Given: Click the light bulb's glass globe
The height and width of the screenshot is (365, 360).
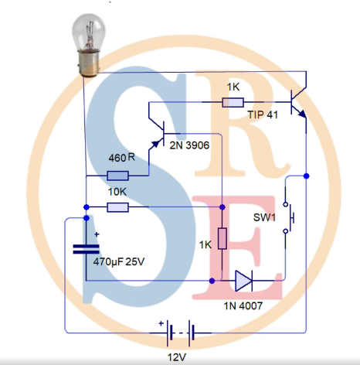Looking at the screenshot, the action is (x=89, y=32).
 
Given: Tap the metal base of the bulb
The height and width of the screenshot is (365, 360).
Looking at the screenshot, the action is (x=89, y=63).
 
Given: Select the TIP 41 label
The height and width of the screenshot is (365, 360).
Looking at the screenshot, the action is (x=263, y=114).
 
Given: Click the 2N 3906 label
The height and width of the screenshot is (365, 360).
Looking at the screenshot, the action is (x=189, y=145).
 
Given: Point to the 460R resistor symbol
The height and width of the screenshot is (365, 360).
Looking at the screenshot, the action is (x=117, y=176).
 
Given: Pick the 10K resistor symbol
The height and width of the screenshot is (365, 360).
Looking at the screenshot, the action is (x=117, y=207).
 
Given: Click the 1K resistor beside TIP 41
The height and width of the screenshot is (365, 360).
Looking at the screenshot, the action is (x=233, y=102).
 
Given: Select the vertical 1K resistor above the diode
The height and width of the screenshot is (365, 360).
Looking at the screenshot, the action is (x=222, y=238).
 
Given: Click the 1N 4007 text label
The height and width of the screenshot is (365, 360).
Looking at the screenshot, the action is (x=243, y=306).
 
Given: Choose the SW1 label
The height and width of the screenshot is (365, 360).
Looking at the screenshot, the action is (x=264, y=217).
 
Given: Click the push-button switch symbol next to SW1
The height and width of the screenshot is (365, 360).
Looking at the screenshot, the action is (x=288, y=218).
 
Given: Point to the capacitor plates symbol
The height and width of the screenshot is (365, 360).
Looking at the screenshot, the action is (x=87, y=249).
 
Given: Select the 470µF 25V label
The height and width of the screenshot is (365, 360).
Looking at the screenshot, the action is (x=119, y=262).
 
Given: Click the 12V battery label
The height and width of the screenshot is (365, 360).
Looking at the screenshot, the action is (x=177, y=357).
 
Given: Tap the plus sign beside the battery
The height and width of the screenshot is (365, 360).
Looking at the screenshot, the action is (x=161, y=323).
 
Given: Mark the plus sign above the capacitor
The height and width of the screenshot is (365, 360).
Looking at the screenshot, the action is (x=97, y=234).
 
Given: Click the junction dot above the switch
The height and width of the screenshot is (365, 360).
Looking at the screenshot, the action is (x=306, y=176).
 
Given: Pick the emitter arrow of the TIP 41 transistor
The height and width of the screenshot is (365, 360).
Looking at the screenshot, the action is (x=302, y=114).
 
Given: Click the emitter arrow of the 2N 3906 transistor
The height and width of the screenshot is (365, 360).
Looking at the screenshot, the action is (x=155, y=145).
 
